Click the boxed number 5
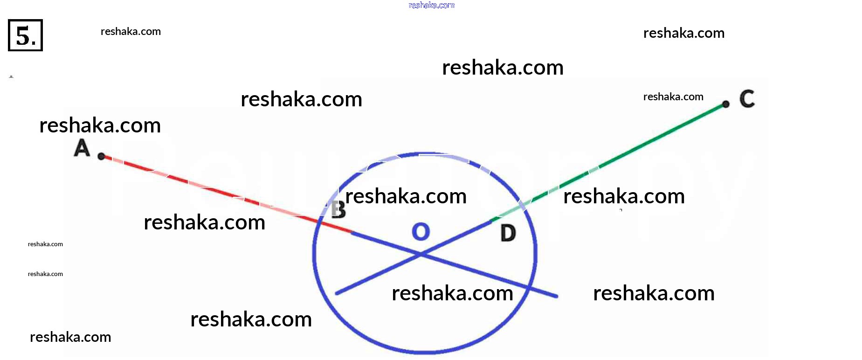[x=25, y=35]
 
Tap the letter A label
[x=82, y=148]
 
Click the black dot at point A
[x=101, y=156]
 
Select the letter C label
[x=747, y=99]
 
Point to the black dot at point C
[x=725, y=104]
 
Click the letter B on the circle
[x=338, y=209]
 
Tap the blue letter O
[x=421, y=231]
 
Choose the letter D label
[x=508, y=233]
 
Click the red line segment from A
[x=227, y=194]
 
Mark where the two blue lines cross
[x=421, y=255]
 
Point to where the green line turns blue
[x=491, y=221]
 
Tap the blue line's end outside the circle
[x=556, y=296]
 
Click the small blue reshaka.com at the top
[x=432, y=5]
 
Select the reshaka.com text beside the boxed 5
[x=131, y=32]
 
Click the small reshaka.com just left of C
[x=673, y=97]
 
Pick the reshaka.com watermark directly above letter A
[x=100, y=125]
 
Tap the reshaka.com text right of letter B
[x=406, y=196]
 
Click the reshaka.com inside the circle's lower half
[x=453, y=293]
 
